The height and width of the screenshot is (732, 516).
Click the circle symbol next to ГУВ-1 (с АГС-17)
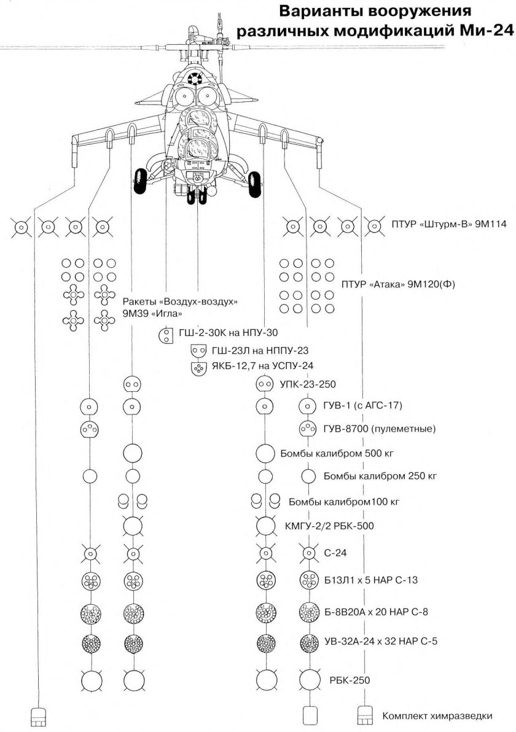pyautogui.click(x=307, y=406)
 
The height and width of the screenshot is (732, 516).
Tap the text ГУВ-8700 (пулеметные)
pyautogui.click(x=379, y=428)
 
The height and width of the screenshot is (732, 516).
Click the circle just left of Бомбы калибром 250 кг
pyautogui.click(x=308, y=477)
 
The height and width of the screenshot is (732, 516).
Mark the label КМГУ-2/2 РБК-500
pyautogui.click(x=329, y=526)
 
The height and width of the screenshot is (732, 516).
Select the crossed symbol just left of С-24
pyautogui.click(x=307, y=553)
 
